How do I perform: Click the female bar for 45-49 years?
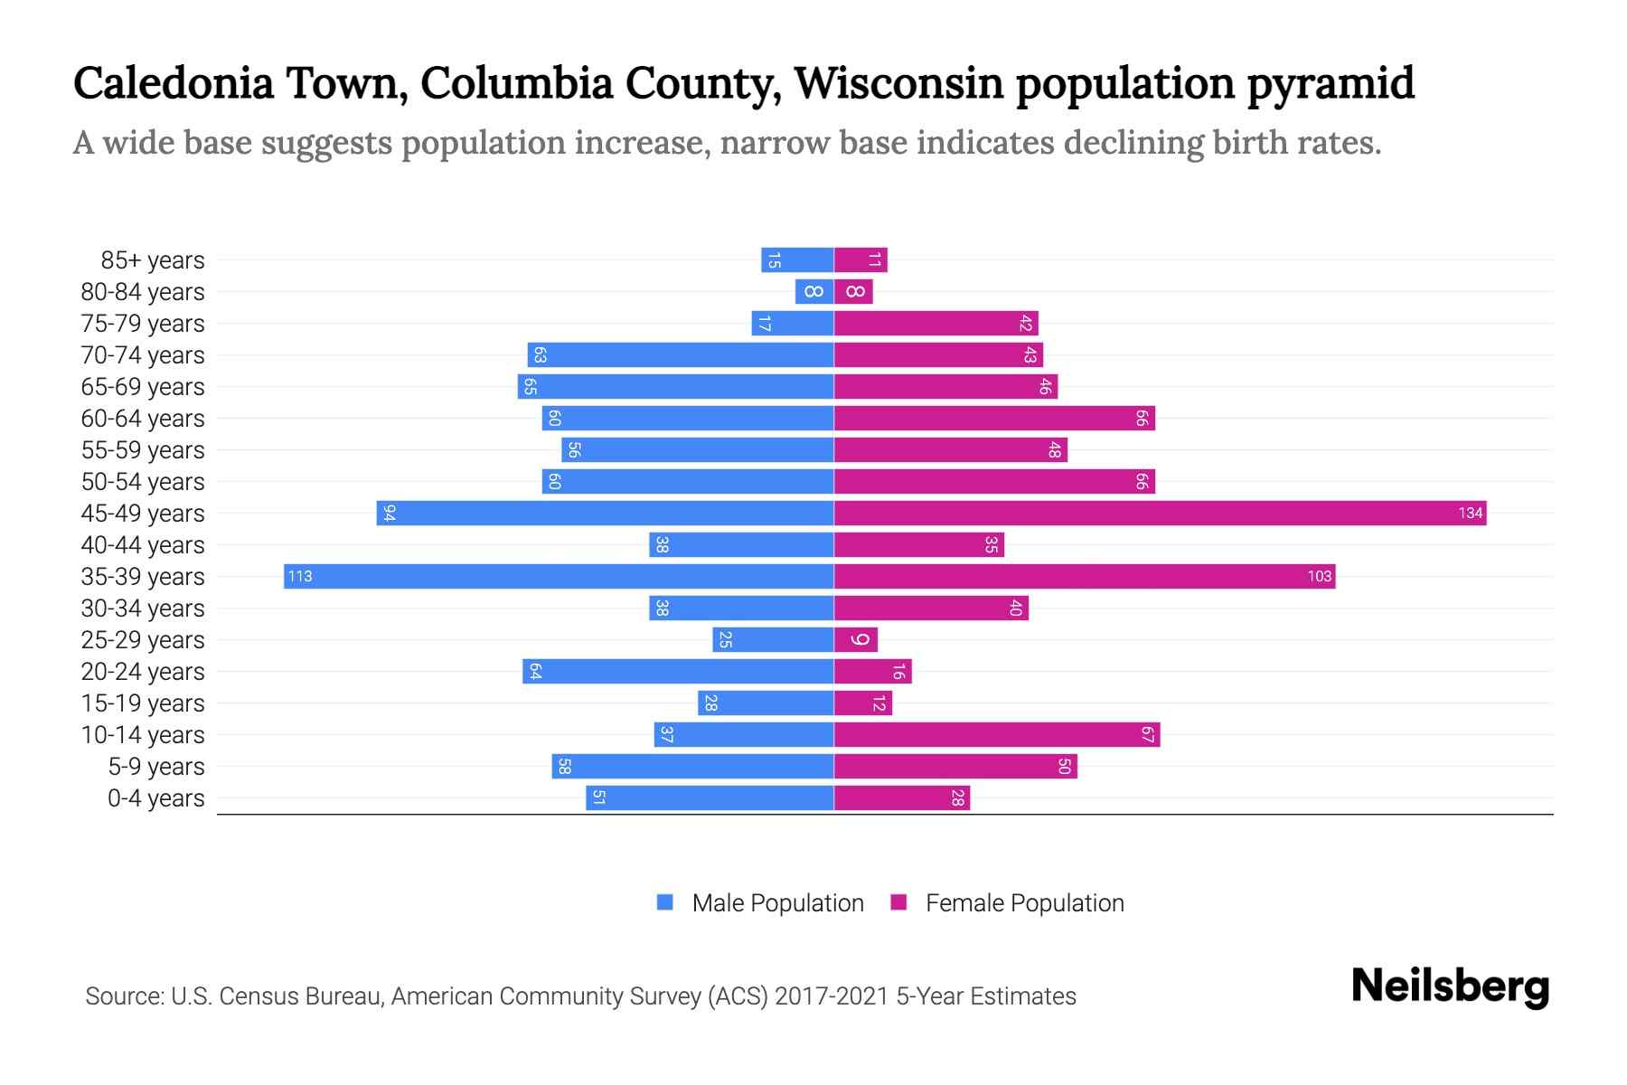point(1160,514)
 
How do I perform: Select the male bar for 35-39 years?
point(559,577)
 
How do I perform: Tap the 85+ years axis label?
point(152,260)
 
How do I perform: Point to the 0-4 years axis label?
point(155,798)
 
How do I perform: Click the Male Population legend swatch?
point(665,902)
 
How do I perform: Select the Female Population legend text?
point(1024,903)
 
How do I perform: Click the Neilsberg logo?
point(1450,987)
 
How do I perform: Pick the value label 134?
point(1470,514)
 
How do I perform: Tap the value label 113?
point(300,577)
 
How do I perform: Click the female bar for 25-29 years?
point(855,640)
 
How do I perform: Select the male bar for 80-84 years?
point(813,292)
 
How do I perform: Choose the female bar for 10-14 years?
point(996,735)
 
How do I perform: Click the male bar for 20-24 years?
point(678,672)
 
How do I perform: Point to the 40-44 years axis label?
point(143,545)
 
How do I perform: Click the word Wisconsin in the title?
point(898,83)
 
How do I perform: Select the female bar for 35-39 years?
point(1085,577)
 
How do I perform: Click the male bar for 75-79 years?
point(792,324)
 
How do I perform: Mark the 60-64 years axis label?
point(143,419)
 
